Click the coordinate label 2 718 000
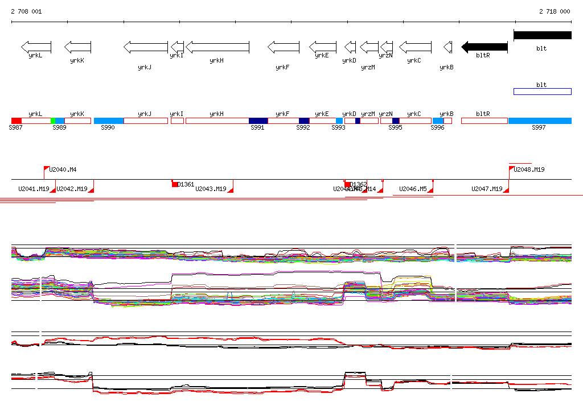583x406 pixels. pyautogui.click(x=555, y=11)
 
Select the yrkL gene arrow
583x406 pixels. pyautogui.click(x=36, y=47)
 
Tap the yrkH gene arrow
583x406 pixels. pyautogui.click(x=217, y=47)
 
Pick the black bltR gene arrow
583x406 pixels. pyautogui.click(x=484, y=47)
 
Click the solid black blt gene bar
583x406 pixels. pyautogui.click(x=542, y=35)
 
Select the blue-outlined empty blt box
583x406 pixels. pyautogui.click(x=542, y=92)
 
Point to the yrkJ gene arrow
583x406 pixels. pyautogui.click(x=146, y=47)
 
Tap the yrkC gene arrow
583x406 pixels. pyautogui.click(x=415, y=47)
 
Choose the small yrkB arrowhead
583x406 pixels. pyautogui.click(x=447, y=47)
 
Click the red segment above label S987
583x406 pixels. pyautogui.click(x=16, y=121)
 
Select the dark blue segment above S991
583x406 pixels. pyautogui.click(x=258, y=121)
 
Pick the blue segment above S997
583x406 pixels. pyautogui.click(x=540, y=121)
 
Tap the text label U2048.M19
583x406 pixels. pyautogui.click(x=529, y=169)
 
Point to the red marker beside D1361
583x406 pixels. pyautogui.click(x=175, y=184)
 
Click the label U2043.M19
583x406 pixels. pyautogui.click(x=211, y=189)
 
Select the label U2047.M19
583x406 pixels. pyautogui.click(x=487, y=189)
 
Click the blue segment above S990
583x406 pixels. pyautogui.click(x=109, y=121)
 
